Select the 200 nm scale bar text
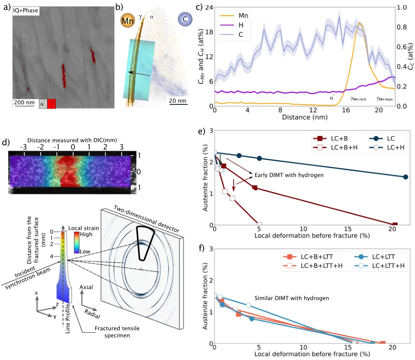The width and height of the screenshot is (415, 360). pos(24,102)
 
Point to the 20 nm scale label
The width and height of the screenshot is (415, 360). pos(178,101)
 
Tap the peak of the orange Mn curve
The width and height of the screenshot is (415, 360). pos(359,23)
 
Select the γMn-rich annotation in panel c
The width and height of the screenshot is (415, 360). pos(358,99)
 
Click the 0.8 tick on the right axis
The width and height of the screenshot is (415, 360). pos(401,27)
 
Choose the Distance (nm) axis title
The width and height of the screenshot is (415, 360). pos(303,117)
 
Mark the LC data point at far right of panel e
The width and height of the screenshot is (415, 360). pos(405,177)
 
